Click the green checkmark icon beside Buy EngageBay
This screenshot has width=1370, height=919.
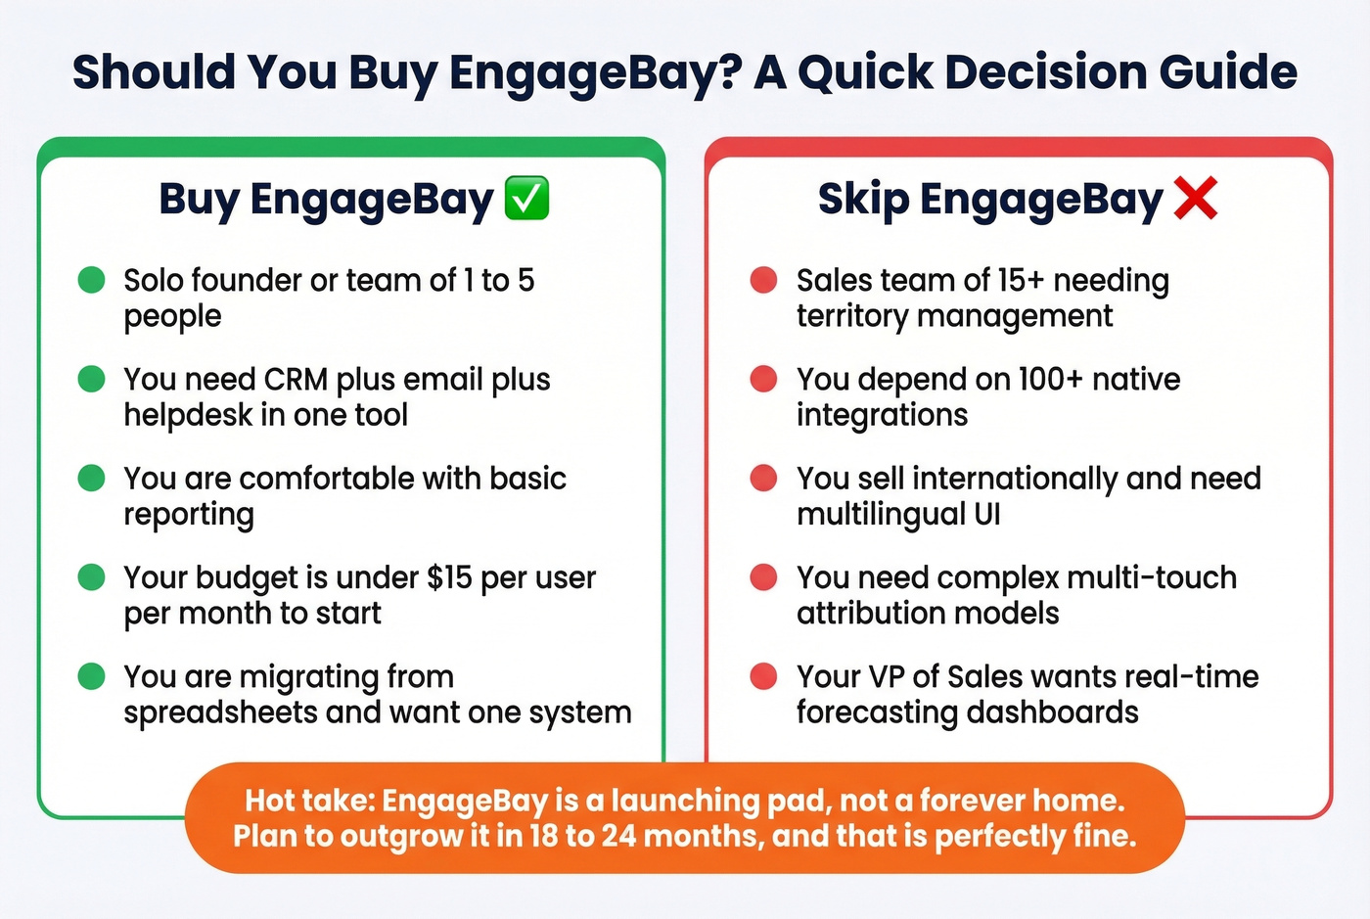pos(526,199)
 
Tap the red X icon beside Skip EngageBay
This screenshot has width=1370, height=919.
pos(1195,199)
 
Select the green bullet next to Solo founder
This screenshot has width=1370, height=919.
pos(91,280)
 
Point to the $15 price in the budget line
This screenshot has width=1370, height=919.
pos(449,577)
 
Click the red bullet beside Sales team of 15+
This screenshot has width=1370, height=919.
pos(763,280)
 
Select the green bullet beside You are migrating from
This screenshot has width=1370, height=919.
pos(91,676)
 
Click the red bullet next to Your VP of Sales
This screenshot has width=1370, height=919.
pos(763,676)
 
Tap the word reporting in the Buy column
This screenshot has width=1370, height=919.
pos(189,515)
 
